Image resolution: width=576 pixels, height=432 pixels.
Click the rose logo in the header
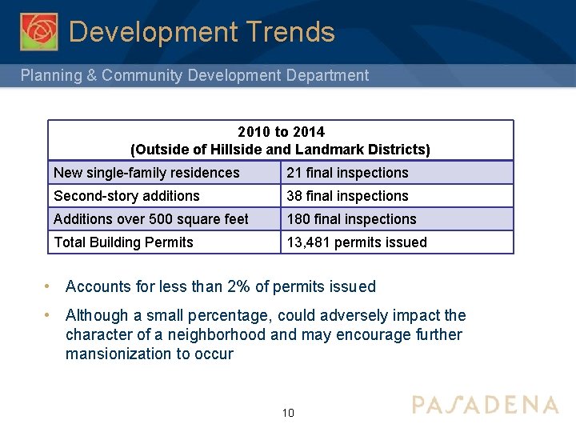coord(39,31)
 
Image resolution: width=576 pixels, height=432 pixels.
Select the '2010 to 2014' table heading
coord(281,131)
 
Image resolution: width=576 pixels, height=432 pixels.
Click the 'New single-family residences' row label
coord(146,173)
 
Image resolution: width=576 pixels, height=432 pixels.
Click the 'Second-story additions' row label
coord(126,196)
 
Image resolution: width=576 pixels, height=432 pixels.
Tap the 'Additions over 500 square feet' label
coord(151,219)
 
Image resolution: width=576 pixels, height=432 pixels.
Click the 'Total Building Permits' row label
coord(123,242)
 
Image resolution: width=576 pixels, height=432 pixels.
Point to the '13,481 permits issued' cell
coord(357,242)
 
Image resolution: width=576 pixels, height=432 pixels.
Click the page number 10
coord(288,413)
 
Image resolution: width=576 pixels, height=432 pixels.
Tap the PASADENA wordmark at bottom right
coord(485,405)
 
